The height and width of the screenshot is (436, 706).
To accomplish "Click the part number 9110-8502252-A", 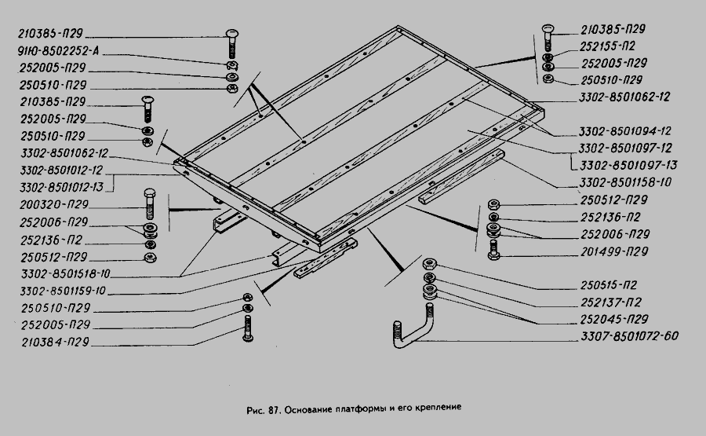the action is coord(58,51).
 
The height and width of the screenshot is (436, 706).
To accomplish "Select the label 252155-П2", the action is coord(607,46).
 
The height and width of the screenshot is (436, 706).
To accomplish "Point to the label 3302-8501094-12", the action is coord(625,131).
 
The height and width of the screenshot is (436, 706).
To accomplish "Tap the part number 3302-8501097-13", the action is coord(628,166).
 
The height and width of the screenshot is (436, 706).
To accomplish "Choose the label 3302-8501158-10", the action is coord(625,182).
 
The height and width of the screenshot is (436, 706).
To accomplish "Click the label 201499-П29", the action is coord(614,251).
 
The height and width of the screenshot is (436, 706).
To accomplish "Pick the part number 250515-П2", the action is coord(609,285).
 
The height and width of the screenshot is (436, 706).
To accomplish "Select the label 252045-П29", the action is coord(614,320).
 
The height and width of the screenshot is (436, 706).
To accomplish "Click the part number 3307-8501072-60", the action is coord(629,336).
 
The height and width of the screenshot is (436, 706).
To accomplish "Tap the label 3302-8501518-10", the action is coord(65,274).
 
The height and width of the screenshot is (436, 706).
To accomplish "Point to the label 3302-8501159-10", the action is coord(63,291).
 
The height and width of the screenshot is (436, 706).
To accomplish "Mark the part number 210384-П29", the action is coord(56,343).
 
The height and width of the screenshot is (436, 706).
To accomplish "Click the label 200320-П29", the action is coord(54,205).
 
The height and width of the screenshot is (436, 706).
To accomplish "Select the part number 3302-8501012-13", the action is coord(62,188).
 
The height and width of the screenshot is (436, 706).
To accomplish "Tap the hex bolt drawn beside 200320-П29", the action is coord(150,204).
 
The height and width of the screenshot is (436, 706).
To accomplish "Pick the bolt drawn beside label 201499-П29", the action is coord(493,251).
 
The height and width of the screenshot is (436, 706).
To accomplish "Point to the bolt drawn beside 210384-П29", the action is coord(248,328).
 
